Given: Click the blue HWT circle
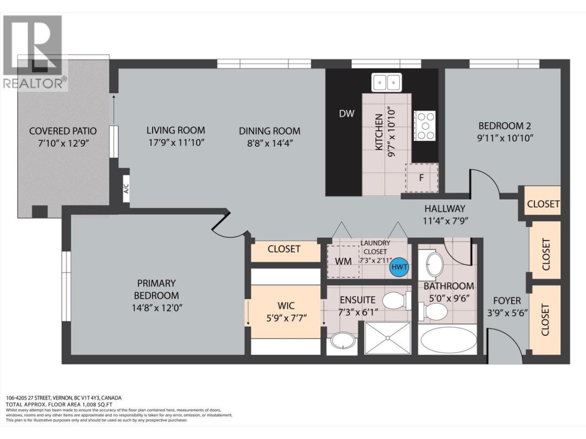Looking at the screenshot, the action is (399, 267).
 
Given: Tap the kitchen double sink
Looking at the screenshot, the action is (386, 82).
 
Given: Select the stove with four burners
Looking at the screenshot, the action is (424, 126).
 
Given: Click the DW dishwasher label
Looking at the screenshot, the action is (347, 114).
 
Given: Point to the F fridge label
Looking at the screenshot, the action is (421, 177).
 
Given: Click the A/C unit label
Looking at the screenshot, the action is (126, 188).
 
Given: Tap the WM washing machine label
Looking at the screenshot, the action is (343, 262).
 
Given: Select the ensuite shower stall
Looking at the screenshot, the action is (388, 338).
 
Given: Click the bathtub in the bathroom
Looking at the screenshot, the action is (447, 340).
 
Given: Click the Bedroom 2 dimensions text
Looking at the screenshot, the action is (505, 138).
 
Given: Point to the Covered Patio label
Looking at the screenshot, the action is (63, 131).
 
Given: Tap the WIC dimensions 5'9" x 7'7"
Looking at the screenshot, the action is (286, 318).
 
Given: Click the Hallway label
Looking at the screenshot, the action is (445, 208).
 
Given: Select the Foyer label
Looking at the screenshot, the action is (507, 300).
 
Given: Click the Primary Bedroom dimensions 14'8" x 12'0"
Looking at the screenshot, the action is (157, 308).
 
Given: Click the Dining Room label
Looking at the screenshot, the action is (270, 131).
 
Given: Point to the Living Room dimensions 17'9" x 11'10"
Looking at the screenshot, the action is (176, 143).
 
